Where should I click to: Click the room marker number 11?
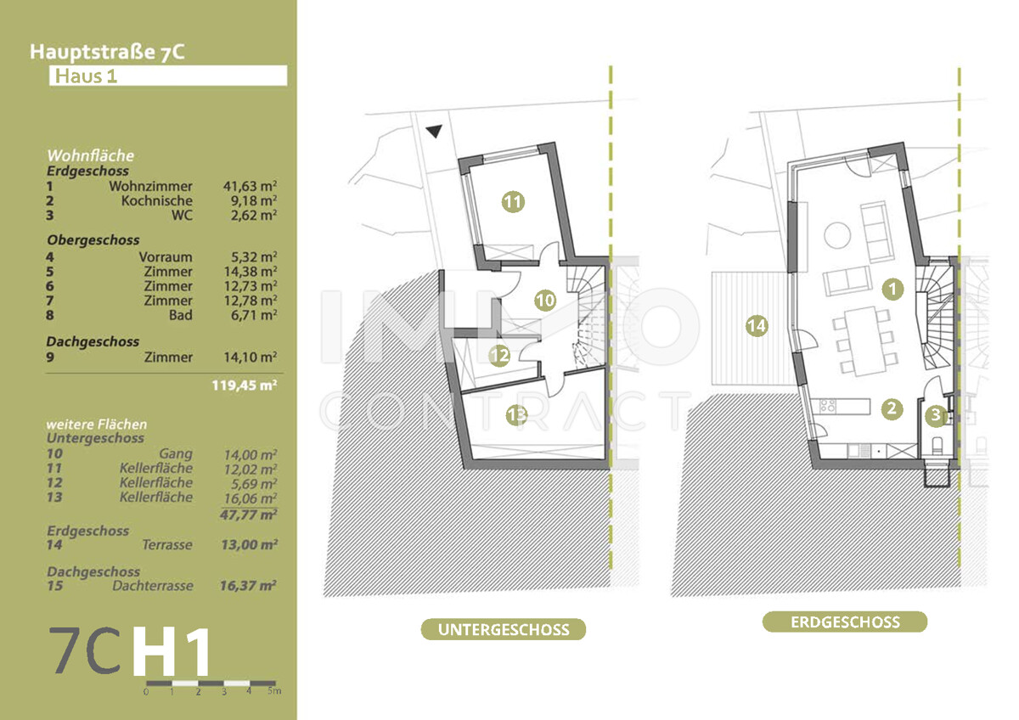512,202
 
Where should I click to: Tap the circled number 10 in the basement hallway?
545,300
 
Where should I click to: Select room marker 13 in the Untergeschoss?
516,415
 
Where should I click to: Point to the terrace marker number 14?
756,324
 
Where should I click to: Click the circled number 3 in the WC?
935,416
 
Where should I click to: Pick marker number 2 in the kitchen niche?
891,409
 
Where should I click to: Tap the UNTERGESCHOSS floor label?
503,630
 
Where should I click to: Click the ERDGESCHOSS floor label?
844,622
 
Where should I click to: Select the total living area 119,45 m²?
245,385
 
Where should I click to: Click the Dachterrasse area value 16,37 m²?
256,586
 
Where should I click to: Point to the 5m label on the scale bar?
274,692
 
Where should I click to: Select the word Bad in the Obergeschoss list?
181,315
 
